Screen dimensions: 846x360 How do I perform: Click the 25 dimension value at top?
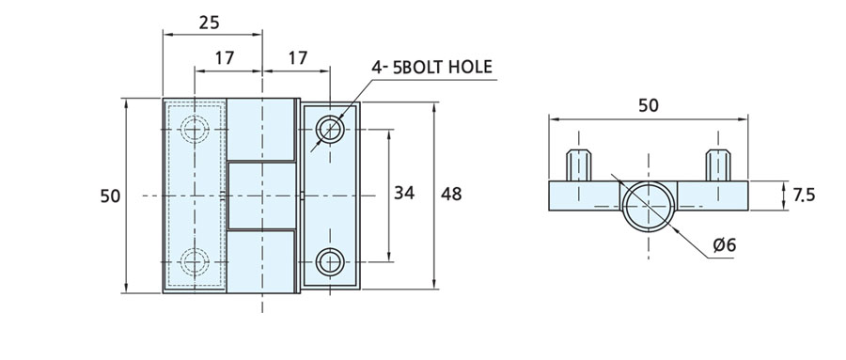[210, 23]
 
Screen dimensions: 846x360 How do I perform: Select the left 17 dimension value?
[225, 57]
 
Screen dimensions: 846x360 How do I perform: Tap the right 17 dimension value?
[297, 57]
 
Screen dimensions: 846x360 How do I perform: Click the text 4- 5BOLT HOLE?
[431, 67]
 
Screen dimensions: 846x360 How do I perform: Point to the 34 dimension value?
[404, 193]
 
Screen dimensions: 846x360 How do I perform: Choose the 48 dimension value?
[451, 194]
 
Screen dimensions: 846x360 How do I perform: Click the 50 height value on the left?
[110, 196]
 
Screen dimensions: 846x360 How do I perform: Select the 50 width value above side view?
[649, 106]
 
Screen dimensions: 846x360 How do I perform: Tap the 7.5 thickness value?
[804, 195]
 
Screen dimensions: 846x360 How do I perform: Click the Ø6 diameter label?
[724, 245]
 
